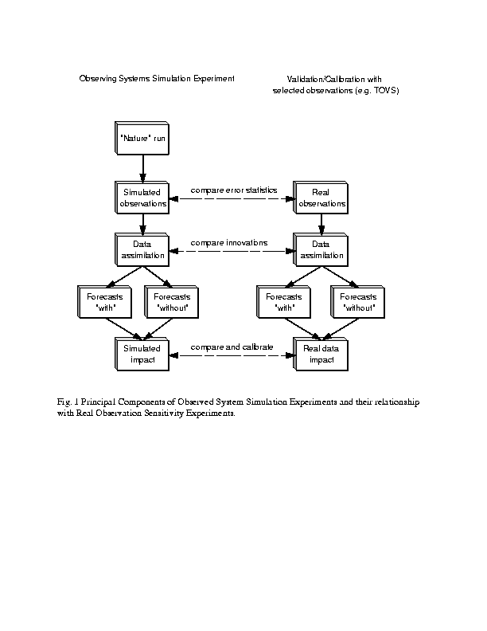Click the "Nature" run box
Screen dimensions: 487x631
click(x=142, y=138)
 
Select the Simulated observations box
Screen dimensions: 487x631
click(x=142, y=198)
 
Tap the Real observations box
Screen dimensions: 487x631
click(x=321, y=198)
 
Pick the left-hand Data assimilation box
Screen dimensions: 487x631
click(x=142, y=249)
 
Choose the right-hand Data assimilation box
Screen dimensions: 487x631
click(x=321, y=249)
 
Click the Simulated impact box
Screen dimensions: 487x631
click(x=142, y=354)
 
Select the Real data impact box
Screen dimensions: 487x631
click(x=321, y=354)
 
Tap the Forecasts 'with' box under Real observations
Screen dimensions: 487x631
click(x=283, y=302)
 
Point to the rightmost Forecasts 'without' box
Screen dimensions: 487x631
click(x=357, y=302)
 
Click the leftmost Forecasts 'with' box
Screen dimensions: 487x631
click(x=104, y=302)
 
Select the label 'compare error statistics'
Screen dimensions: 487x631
click(x=234, y=190)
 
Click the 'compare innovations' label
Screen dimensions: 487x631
click(x=229, y=243)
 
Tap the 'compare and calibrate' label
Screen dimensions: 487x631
click(x=232, y=347)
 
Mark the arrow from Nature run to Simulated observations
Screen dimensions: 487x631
click(x=143, y=168)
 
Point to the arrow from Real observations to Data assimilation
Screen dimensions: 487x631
click(x=321, y=224)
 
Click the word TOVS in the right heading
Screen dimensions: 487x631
click(x=385, y=91)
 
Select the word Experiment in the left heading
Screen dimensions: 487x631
click(x=214, y=78)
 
